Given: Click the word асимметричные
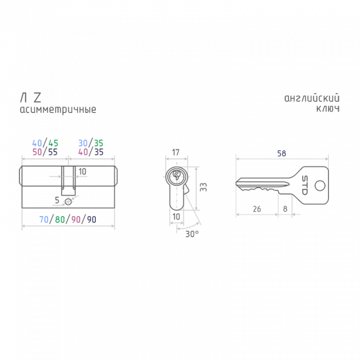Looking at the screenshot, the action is pos(58,110).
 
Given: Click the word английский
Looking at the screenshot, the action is pos(312,98).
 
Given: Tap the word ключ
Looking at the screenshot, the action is pos(328,109).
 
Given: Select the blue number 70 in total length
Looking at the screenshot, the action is pos(44,219).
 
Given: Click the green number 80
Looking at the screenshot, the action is pos(60,219).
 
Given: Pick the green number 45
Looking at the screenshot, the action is pos(53,143).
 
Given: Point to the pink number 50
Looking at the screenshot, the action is pos(37,152).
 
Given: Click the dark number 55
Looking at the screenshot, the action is pos(53,152).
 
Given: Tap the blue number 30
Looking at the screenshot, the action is pos(83,143).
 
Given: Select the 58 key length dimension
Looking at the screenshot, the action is pos(282,153).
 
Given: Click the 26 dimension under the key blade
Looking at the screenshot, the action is pos(257,209).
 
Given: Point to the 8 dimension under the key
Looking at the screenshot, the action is pos(285,209).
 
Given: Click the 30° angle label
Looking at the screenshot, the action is pos(192,234).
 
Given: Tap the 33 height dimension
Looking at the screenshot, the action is pos(203,187).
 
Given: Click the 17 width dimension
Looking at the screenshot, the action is pos(176,152).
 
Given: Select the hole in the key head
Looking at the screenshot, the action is pos(320,186).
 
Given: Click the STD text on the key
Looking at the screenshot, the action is pos(305,186).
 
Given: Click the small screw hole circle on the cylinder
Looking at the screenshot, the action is pos(68,202).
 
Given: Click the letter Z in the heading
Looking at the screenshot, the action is pos(38,98).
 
